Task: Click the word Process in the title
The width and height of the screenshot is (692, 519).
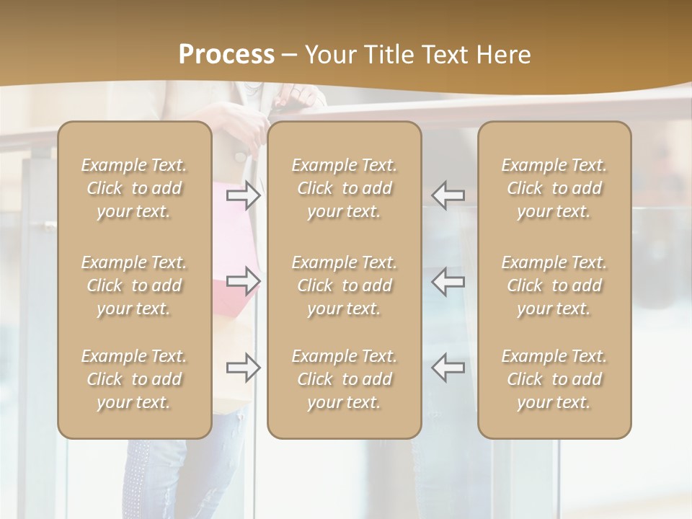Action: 226,55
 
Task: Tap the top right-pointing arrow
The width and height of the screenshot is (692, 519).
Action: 243,195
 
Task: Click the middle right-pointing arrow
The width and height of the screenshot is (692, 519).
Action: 243,281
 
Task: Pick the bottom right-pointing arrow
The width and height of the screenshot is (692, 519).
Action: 243,368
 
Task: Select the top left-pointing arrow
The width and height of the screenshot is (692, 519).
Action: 448,195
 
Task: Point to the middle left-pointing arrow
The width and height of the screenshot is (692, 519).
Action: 448,281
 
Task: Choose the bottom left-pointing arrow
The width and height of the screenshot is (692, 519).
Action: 448,368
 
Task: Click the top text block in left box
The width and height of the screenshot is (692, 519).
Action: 134,188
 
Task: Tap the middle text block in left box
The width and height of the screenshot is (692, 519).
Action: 134,285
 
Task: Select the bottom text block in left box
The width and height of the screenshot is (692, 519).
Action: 134,379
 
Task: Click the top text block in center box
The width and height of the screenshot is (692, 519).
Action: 344,188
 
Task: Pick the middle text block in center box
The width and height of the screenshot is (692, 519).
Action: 344,285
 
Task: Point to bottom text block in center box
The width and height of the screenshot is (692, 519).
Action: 344,379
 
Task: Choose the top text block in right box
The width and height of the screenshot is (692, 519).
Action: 554,188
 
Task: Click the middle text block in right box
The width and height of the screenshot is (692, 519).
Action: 554,285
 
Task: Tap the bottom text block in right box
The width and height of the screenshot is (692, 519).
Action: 554,379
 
